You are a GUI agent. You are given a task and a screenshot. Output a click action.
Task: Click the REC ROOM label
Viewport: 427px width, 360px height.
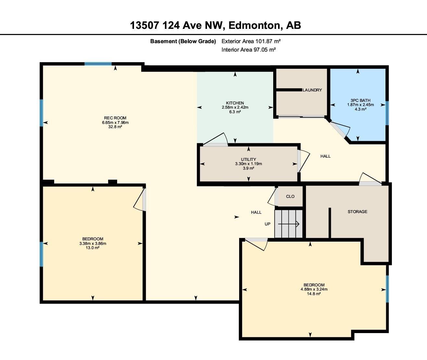[x=115, y=118]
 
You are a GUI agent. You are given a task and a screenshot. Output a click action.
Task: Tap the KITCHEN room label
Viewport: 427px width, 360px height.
[x=235, y=103]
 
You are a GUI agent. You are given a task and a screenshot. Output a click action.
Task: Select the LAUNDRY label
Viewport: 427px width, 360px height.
[x=312, y=90]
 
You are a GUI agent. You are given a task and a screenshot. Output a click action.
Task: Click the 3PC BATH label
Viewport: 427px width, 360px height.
[x=360, y=101]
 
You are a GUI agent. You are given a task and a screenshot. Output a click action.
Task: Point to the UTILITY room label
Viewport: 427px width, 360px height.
[x=248, y=160]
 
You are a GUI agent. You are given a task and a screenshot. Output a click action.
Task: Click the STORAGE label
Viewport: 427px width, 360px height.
[x=357, y=211]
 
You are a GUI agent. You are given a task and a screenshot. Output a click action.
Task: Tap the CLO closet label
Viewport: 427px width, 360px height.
[x=290, y=197]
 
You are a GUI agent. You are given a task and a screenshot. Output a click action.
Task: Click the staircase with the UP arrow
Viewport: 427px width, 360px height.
[x=288, y=224]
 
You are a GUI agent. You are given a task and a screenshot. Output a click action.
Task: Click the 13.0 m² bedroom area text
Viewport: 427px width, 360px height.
[x=92, y=247]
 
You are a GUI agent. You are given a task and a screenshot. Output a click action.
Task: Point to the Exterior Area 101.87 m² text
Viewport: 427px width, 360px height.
[x=251, y=41]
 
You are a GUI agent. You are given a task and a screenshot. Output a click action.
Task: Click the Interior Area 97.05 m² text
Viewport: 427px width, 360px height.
[x=249, y=50]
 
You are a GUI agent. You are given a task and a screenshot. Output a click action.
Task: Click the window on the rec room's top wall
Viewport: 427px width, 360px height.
[x=98, y=64]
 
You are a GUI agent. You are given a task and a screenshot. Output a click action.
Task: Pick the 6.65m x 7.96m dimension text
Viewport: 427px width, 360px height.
[x=115, y=123]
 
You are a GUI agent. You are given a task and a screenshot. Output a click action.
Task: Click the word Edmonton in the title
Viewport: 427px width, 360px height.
[x=255, y=25]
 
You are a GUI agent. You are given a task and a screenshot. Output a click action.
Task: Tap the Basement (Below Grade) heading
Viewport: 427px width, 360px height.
[x=183, y=41]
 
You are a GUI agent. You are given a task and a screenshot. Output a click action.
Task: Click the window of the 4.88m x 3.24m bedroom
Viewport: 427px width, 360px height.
[x=387, y=289]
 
